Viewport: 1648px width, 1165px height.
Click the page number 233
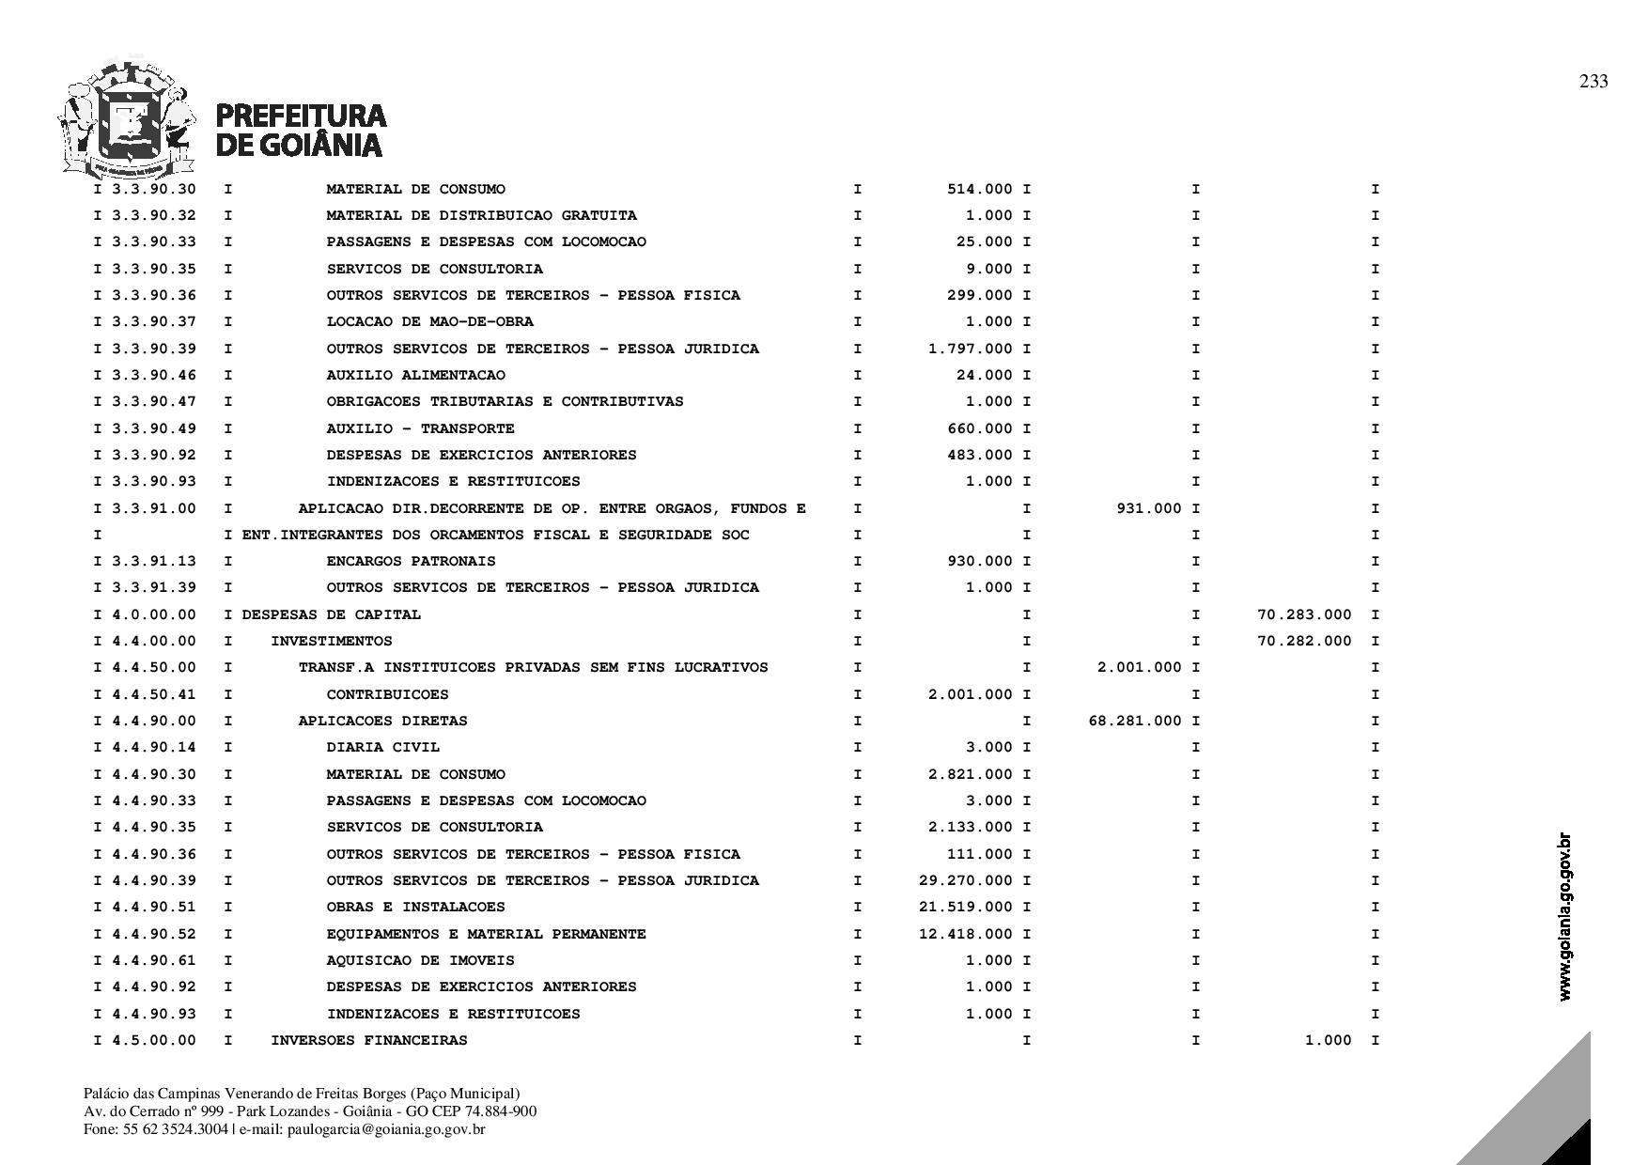pyautogui.click(x=1593, y=82)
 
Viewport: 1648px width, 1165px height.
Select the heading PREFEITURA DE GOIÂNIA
pyautogui.click(x=301, y=130)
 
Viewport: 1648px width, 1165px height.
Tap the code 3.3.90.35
pyautogui.click(x=154, y=269)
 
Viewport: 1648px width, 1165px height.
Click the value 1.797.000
pyautogui.click(x=971, y=349)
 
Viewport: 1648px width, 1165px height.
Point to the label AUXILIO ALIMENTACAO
pyautogui.click(x=415, y=375)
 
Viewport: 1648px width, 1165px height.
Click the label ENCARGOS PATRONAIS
pyautogui.click(x=411, y=561)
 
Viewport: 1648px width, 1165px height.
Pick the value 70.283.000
pyautogui.click(x=1304, y=614)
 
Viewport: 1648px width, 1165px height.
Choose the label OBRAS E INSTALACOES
pyautogui.click(x=415, y=907)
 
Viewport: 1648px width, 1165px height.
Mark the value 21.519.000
pyautogui.click(x=966, y=907)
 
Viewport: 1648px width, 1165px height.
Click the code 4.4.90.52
pyautogui.click(x=154, y=934)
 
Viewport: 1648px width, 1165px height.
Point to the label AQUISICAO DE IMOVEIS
pyautogui.click(x=420, y=960)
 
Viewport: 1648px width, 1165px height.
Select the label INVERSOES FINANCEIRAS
pyautogui.click(x=368, y=1040)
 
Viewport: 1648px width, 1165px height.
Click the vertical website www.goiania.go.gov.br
pyautogui.click(x=1564, y=917)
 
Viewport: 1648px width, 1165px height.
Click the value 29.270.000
pyautogui.click(x=966, y=880)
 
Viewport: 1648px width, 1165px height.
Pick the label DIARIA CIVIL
pyautogui.click(x=382, y=747)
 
